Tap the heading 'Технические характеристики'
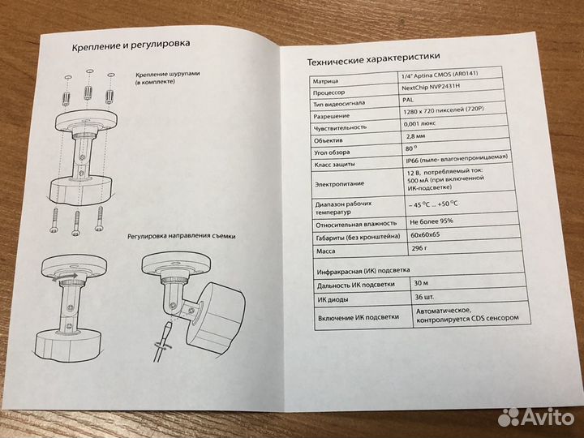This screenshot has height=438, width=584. [373, 59]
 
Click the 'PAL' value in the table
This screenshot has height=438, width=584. [408, 100]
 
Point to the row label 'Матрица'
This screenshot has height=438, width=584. [325, 81]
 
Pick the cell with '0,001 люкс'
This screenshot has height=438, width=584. [419, 123]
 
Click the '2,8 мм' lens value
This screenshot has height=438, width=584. [415, 136]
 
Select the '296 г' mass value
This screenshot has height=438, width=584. [419, 248]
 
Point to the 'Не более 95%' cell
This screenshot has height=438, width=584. [432, 221]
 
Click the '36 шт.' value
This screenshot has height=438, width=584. [424, 297]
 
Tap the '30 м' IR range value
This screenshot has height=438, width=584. [421, 283]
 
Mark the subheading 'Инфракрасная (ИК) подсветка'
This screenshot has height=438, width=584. [363, 271]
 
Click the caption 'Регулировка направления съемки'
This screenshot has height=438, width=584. [182, 236]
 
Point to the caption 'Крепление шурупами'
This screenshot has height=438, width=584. [168, 74]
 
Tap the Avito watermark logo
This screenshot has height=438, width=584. [536, 417]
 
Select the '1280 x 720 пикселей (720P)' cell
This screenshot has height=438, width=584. [445, 110]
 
